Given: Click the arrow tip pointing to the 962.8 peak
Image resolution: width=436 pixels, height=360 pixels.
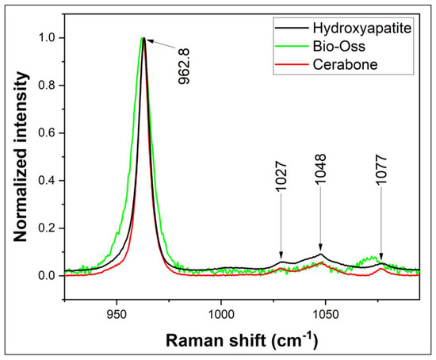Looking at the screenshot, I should [147, 39].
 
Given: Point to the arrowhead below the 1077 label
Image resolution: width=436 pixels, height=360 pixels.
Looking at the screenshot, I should [381, 255].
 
